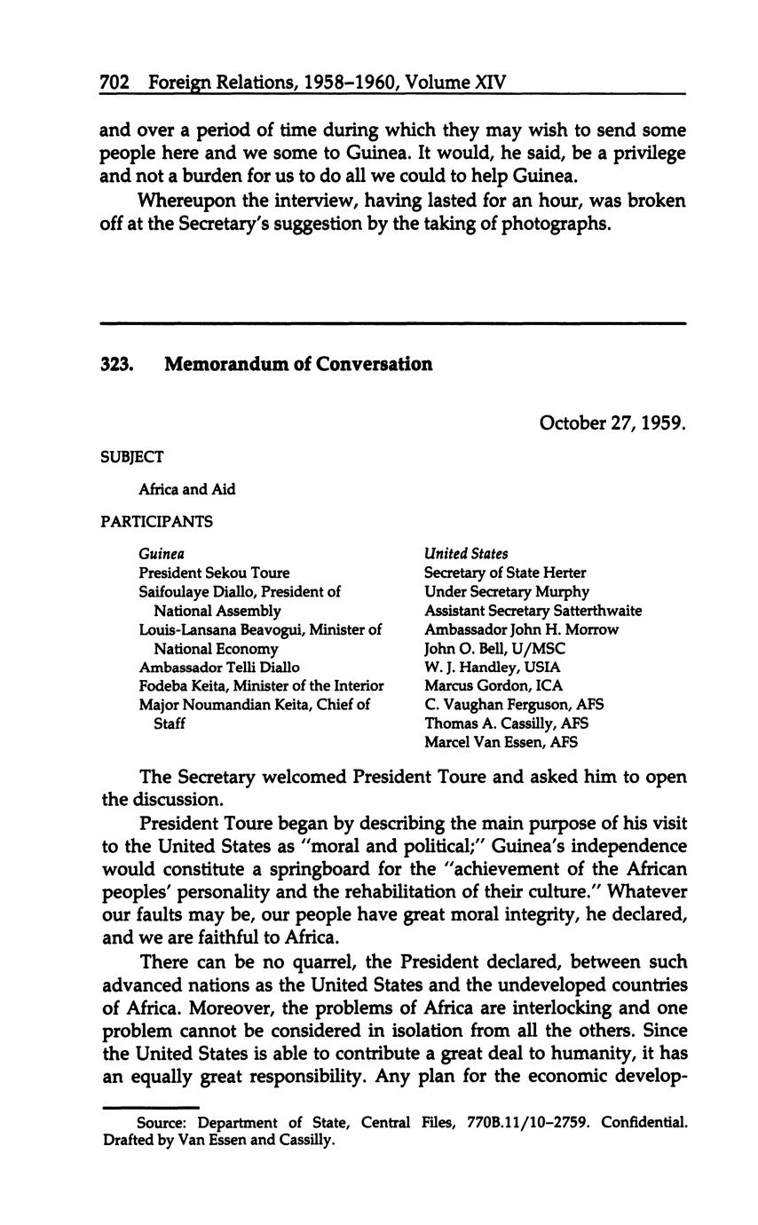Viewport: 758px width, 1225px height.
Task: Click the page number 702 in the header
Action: click(x=114, y=83)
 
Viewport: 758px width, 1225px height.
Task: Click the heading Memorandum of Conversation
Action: click(x=298, y=364)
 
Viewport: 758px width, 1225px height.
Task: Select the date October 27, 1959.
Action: click(x=612, y=423)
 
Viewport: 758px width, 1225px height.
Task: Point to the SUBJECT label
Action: click(x=131, y=457)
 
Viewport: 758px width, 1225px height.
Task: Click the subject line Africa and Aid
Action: click(x=186, y=489)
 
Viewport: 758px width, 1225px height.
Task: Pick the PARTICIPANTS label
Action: click(x=156, y=522)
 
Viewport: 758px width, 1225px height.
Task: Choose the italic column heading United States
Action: click(x=466, y=554)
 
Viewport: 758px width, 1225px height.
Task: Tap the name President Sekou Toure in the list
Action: click(x=214, y=573)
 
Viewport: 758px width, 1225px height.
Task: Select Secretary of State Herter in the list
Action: click(x=505, y=573)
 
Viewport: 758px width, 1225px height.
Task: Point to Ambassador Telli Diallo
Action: click(x=219, y=667)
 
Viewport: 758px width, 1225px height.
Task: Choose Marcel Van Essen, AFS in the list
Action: click(x=501, y=741)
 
